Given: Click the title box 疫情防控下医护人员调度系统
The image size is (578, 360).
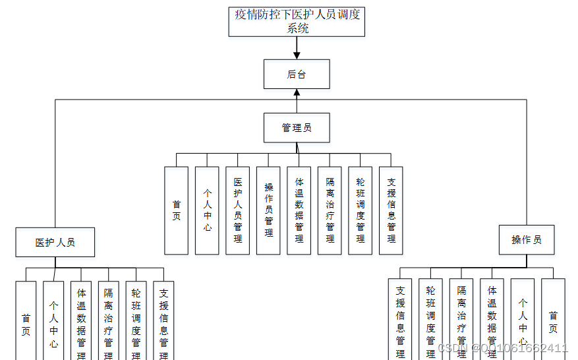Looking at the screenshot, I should coord(297,21).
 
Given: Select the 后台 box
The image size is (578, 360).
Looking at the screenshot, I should coord(297,74).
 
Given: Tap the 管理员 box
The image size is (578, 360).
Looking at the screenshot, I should coord(297,127).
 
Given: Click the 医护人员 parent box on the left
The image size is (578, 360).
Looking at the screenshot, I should coord(55,242).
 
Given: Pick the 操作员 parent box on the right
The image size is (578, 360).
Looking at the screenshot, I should coord(526,239).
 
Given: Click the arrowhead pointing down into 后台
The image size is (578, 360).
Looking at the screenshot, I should coord(297,55).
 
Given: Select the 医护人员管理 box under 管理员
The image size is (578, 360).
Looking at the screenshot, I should coord(237,210).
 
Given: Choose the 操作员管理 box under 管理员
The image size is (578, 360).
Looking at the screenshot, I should coord(268,210).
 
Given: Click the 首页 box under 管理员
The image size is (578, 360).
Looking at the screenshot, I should coord(176,210).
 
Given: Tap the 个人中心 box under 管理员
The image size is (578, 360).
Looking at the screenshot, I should coord(207,210).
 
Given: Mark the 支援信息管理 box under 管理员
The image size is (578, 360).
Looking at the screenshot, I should coord(391,210).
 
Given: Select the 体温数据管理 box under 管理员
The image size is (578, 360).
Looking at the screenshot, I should coord(299,210).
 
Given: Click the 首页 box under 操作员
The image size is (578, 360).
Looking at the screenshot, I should coord(553,319).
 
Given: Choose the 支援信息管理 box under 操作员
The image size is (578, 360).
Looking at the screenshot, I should coord(400,319).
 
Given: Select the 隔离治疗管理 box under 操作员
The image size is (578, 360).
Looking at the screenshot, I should coord(461,319).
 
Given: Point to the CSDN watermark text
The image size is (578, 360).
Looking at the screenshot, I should coord(502,348).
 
